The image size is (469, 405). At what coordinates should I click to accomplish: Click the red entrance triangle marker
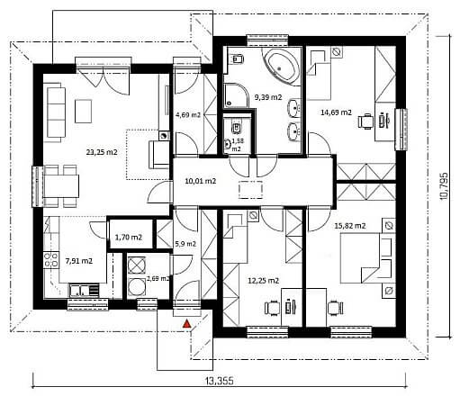coord(187,324)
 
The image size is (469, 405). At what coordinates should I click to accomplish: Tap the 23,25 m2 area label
coord(102,152)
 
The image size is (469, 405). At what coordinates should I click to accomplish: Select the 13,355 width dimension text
coord(220,381)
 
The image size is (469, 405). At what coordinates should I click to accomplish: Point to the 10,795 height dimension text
coord(444,186)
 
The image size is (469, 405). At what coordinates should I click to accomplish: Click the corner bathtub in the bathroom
coord(282,66)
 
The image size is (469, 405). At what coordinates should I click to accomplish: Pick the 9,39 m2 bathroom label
coord(268,97)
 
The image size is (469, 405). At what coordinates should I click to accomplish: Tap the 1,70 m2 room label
coord(129,238)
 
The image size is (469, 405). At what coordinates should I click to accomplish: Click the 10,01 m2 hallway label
coord(201,181)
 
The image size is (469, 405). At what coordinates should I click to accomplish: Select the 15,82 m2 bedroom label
coord(350,226)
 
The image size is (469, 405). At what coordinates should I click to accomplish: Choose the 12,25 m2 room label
coord(264,281)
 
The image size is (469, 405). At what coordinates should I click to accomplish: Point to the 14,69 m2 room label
coord(336,112)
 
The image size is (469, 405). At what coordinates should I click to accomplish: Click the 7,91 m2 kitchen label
coord(79,261)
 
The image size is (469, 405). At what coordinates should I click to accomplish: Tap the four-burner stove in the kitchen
coord(51,260)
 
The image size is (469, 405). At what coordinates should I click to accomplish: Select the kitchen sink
coord(80,290)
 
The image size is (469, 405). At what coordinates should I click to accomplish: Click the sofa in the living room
coord(55,112)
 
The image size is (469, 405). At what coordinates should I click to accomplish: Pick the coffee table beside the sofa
coord(84,112)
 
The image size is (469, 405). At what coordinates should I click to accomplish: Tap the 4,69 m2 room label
coord(188,114)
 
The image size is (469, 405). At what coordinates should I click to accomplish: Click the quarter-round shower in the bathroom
coord(236,95)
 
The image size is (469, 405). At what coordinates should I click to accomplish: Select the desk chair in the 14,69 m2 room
coord(366,121)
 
